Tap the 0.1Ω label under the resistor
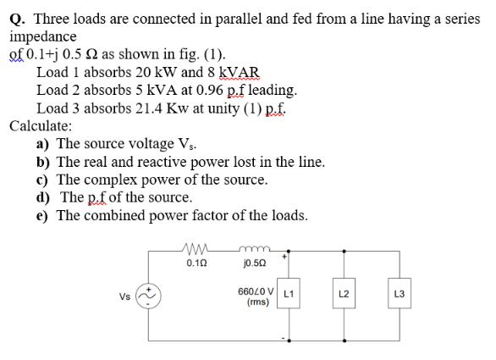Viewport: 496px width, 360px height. click(195, 264)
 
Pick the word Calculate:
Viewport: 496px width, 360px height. click(41, 125)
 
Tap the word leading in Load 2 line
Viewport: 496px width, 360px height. click(273, 89)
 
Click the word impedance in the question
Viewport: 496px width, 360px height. click(43, 37)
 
